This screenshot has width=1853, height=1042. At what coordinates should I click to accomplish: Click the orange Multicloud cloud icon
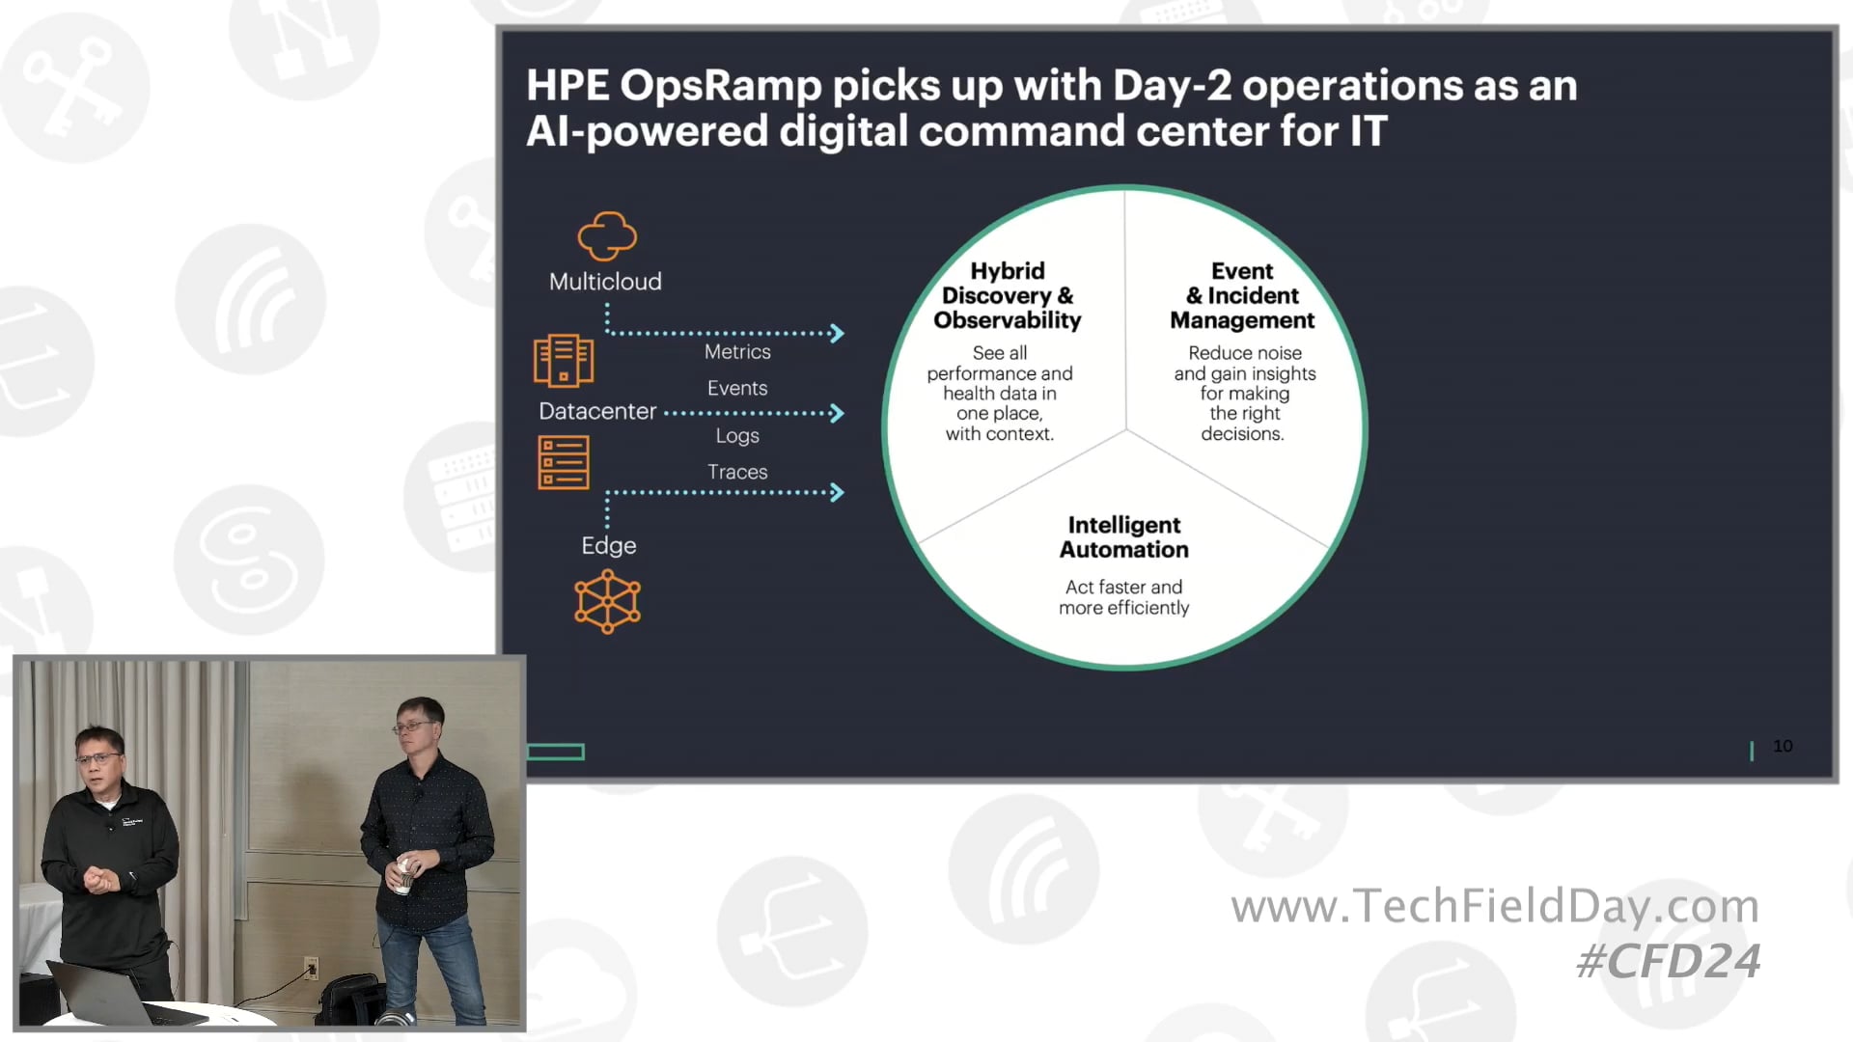point(607,236)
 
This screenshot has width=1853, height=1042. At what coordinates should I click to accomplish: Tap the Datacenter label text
point(597,411)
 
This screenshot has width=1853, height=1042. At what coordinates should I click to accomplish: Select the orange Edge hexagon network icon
point(607,601)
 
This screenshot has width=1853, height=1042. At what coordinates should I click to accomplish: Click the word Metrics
point(737,352)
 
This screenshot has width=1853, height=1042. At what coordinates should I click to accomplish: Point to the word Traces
point(737,472)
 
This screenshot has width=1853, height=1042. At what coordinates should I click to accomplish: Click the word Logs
point(737,436)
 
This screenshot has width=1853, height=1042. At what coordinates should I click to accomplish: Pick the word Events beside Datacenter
point(737,388)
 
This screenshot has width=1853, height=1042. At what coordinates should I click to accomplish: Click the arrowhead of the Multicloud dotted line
point(837,334)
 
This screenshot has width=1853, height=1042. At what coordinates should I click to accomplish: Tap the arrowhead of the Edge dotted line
point(837,493)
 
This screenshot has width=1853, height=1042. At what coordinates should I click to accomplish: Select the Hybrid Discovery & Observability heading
point(1007,295)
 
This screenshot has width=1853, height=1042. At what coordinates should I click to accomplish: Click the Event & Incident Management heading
point(1242,295)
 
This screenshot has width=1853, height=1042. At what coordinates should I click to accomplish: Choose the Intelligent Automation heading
point(1123,537)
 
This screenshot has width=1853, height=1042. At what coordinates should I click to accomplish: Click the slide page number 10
point(1783,746)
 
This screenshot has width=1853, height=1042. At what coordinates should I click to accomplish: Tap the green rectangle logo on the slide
point(556,752)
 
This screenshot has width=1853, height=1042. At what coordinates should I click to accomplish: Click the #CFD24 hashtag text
point(1668,961)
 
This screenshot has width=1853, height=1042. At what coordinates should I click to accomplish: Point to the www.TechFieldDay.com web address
point(1495,906)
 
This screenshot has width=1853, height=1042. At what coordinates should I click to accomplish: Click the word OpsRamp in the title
point(719,86)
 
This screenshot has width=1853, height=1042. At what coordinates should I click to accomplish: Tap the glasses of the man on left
point(98,758)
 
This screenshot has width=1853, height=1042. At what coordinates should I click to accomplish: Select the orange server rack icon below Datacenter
point(564,463)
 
